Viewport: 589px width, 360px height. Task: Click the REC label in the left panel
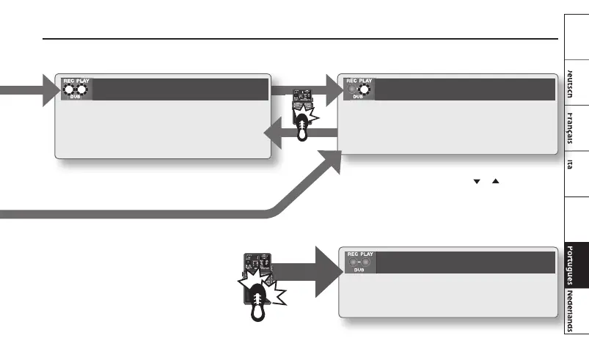[67, 81]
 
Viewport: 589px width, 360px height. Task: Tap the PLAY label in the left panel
[81, 81]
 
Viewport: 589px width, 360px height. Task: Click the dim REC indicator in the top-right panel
[351, 91]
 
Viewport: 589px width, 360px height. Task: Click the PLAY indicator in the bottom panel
[365, 262]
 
